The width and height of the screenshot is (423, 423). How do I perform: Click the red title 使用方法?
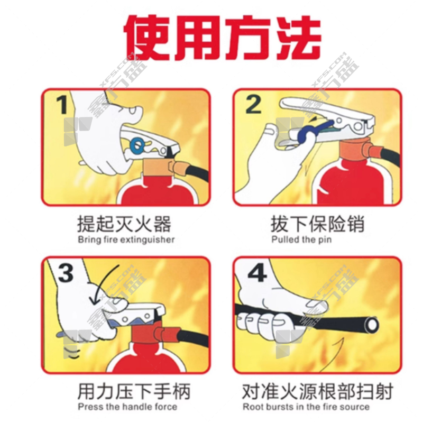(222, 37)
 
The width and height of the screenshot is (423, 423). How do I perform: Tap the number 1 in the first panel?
(62, 105)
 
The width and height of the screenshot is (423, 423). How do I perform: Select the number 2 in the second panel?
(253, 104)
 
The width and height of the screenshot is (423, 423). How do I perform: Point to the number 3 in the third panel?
(66, 273)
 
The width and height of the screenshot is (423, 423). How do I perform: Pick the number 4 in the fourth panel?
(257, 273)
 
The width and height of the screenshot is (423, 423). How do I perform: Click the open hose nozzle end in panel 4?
(372, 325)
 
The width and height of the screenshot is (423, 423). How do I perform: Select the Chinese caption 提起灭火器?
(124, 224)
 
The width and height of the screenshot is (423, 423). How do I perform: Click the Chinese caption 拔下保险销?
(318, 224)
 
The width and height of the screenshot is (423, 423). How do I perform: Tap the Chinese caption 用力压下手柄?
(134, 391)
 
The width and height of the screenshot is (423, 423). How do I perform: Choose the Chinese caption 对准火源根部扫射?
(318, 391)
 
